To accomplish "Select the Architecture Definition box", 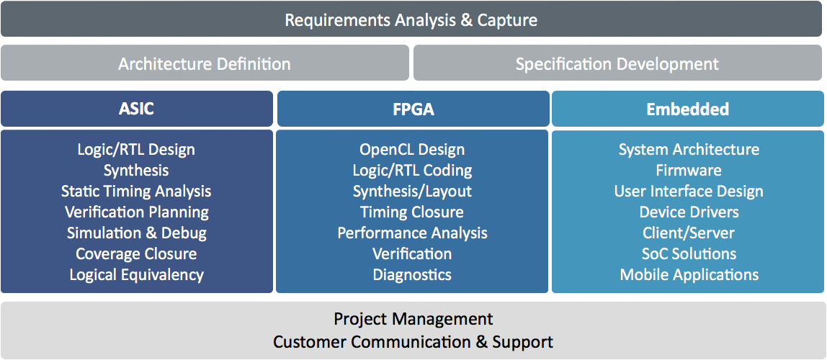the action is point(205,63).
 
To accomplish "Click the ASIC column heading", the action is point(137,109).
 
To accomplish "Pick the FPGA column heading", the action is point(413,109).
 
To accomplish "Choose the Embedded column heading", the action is point(688,109).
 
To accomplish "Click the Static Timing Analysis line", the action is point(136,192).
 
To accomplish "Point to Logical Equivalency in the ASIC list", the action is point(137,275).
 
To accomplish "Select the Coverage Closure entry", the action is point(136,254).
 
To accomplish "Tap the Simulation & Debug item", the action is point(137,233).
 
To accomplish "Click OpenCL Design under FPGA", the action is point(413,150).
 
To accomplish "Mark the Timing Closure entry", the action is point(412,212).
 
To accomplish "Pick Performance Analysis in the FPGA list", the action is point(413,233).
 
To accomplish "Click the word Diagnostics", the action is point(412,274).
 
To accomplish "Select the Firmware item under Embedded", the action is point(689,170).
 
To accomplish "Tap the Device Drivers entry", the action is point(689,212).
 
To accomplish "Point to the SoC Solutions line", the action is point(689,254).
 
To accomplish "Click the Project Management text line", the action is point(413,320).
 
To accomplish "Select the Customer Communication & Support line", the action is point(413,341).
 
